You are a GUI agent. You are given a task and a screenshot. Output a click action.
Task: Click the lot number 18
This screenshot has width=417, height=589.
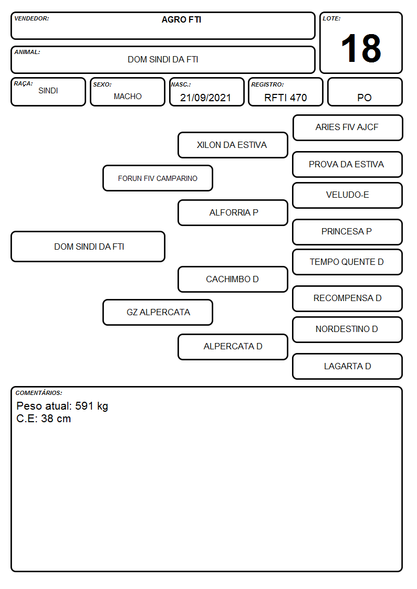(361, 48)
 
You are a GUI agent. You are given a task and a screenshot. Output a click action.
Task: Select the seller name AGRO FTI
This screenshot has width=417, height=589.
(181, 19)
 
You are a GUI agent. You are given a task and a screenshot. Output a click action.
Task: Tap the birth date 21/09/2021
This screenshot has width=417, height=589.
(205, 98)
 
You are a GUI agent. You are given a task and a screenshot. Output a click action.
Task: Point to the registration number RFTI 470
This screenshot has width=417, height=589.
(285, 98)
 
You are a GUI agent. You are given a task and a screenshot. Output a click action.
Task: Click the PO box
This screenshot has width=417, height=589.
(364, 92)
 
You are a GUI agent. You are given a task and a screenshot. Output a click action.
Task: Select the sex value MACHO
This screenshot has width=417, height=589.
(128, 97)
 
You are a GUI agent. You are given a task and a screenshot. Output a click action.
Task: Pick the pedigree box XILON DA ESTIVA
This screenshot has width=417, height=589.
(233, 145)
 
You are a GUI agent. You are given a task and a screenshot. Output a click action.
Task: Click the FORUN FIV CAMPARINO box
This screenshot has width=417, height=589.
(158, 178)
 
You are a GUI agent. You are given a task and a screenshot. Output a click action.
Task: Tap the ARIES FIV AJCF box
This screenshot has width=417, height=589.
(348, 128)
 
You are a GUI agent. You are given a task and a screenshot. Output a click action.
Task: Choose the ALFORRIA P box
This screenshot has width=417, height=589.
(233, 212)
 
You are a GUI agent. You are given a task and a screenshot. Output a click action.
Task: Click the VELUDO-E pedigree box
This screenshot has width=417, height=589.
(348, 195)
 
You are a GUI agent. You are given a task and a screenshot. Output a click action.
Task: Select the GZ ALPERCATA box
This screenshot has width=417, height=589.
(158, 312)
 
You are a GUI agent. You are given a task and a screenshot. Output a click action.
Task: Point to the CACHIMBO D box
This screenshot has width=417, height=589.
(233, 279)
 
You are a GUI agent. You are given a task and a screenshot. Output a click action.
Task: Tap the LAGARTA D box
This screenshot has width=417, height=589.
(348, 366)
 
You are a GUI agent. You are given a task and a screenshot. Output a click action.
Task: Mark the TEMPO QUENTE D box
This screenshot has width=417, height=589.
(348, 262)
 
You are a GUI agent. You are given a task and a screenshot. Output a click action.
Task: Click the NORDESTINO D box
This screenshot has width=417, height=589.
(348, 329)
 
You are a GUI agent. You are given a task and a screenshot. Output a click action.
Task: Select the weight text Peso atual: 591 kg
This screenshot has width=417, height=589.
(62, 406)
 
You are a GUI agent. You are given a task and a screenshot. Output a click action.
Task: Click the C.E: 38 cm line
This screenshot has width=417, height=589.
(44, 419)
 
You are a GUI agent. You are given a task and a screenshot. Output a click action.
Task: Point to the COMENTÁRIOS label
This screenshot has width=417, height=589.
(39, 393)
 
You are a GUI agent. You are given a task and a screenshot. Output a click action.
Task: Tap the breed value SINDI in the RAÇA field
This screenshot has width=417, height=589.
(48, 91)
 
